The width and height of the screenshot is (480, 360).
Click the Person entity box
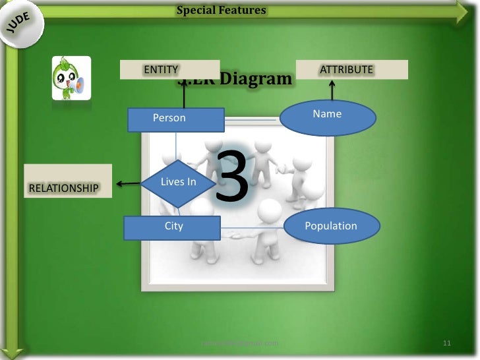pyautogui.click(x=176, y=119)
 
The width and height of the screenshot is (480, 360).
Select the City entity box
pyautogui.click(x=172, y=227)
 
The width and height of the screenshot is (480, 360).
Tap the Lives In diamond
pyautogui.click(x=179, y=183)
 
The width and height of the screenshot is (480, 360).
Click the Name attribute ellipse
pyautogui.click(x=328, y=117)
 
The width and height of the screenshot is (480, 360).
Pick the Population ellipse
pyautogui.click(x=332, y=227)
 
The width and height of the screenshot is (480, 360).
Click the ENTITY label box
pyautogui.click(x=169, y=69)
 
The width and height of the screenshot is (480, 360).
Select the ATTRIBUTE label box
pyautogui.click(x=351, y=69)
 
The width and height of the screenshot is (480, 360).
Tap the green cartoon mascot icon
pyautogui.click(x=71, y=78)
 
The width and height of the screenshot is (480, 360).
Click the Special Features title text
pyautogui.click(x=222, y=10)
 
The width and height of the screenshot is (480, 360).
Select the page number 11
pyautogui.click(x=447, y=344)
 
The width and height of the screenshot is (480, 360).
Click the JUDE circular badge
pyautogui.click(x=21, y=24)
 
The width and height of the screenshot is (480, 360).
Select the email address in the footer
pyautogui.click(x=239, y=344)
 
